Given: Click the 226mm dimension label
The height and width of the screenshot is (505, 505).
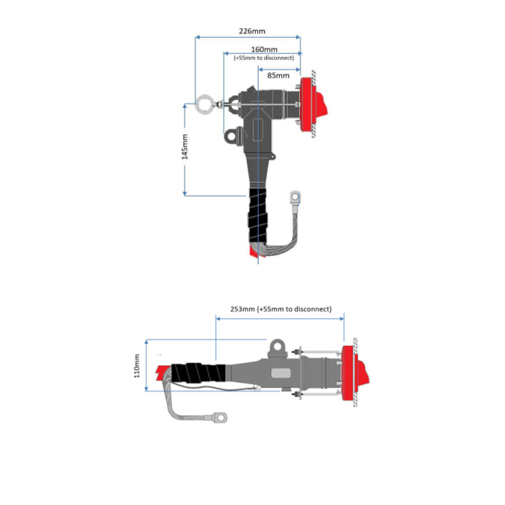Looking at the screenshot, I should [x=252, y=31].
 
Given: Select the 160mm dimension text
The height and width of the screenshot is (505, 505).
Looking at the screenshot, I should [x=264, y=49].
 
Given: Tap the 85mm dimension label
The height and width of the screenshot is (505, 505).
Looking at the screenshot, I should [x=278, y=76].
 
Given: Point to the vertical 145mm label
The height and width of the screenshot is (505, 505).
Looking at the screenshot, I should [x=185, y=147].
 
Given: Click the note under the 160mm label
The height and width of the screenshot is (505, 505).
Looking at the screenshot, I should [x=264, y=58].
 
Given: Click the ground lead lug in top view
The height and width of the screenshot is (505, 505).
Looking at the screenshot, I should [x=294, y=196].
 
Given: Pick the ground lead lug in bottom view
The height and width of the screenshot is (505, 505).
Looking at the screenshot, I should [x=220, y=418].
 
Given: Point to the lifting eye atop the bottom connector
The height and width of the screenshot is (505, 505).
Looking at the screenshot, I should [x=276, y=346].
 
